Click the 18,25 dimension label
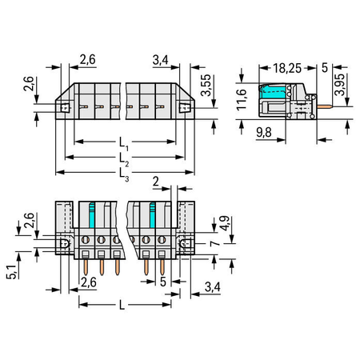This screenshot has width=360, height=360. coord(287,68)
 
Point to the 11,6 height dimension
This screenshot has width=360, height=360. coord(242,100)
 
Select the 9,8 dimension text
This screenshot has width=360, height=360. coord(264,132)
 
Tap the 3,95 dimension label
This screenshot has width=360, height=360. coord(340,84)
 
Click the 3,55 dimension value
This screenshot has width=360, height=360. coord(206,85)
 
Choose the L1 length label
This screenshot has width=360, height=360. coord(123,144)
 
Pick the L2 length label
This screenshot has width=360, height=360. coord(124,159)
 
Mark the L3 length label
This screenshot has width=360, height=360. coord(124,174)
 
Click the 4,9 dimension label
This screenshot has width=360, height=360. coord(224,223)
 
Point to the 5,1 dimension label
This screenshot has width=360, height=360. coord(11,272)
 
